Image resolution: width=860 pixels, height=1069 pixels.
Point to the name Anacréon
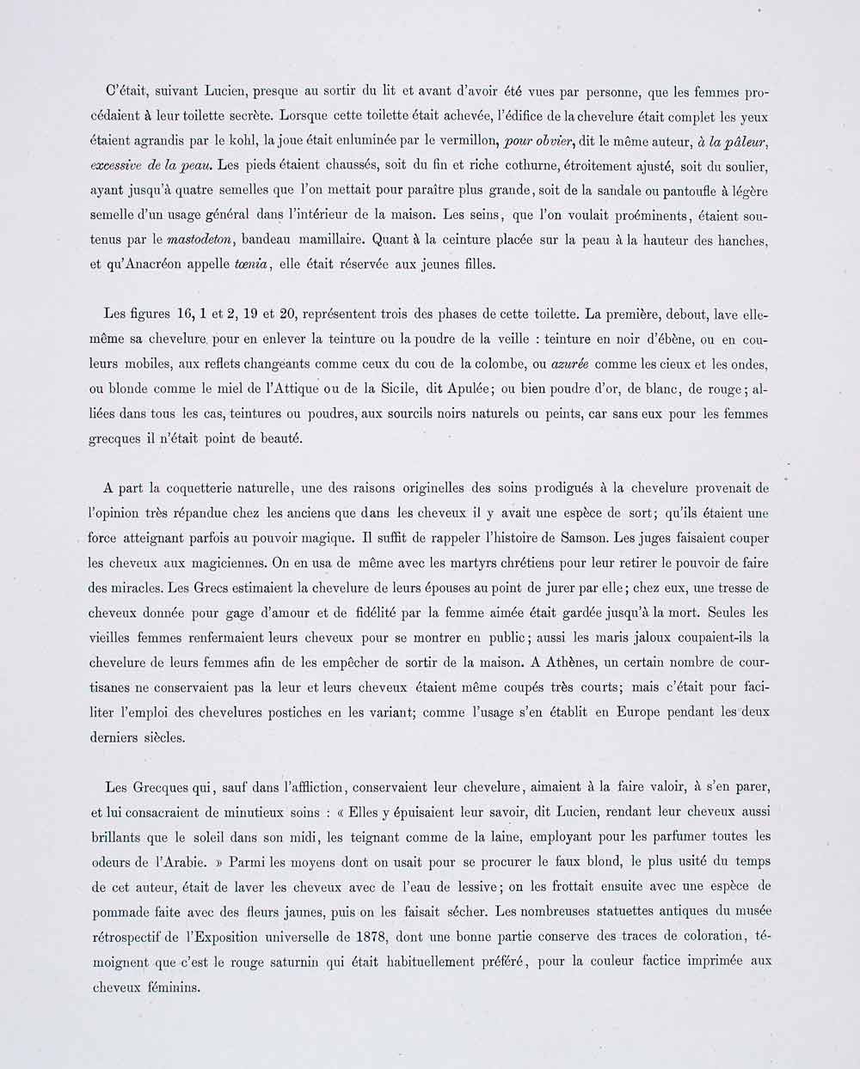pos(175,264)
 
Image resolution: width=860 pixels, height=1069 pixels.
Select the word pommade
pos(124,911)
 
